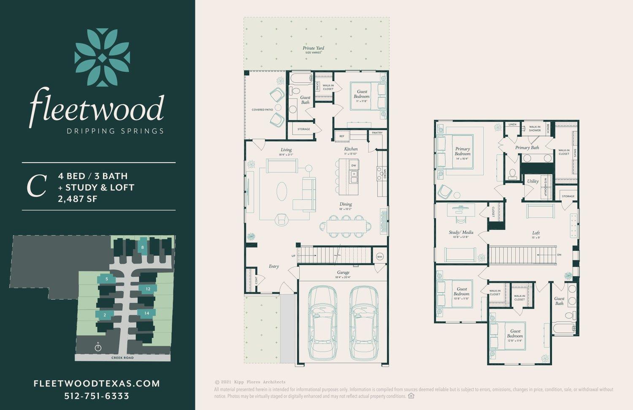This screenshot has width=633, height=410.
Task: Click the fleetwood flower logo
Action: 102,57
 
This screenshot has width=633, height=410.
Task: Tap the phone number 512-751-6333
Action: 97,396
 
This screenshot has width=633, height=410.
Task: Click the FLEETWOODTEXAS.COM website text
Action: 97,383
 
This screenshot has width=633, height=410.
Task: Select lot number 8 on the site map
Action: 143,247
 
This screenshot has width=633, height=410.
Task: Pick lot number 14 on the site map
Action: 146,313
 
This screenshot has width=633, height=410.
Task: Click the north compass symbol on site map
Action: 98,347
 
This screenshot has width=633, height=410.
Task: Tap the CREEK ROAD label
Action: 122,358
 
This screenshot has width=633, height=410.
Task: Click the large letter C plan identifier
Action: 36,187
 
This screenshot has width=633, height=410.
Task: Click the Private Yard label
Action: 314,48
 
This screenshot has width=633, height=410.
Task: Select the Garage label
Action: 343,272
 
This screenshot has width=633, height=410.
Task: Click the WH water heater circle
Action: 379,257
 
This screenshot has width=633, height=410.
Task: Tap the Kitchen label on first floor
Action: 351,149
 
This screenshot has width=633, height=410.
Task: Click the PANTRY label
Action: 377,133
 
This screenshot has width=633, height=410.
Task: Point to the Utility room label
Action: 533,181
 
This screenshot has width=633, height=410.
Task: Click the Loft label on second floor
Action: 536,233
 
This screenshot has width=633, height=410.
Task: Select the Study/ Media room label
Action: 461,232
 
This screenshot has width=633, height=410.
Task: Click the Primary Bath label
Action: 527,147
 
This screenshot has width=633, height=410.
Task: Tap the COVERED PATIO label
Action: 262,110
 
